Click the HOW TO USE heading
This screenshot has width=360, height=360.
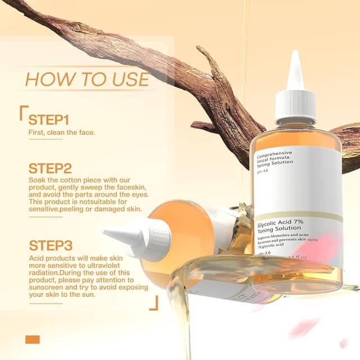tap(87, 79)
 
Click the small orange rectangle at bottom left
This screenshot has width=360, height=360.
tap(33, 339)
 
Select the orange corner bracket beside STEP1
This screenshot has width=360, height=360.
tap(23, 112)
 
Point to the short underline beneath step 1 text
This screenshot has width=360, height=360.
tap(46, 139)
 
